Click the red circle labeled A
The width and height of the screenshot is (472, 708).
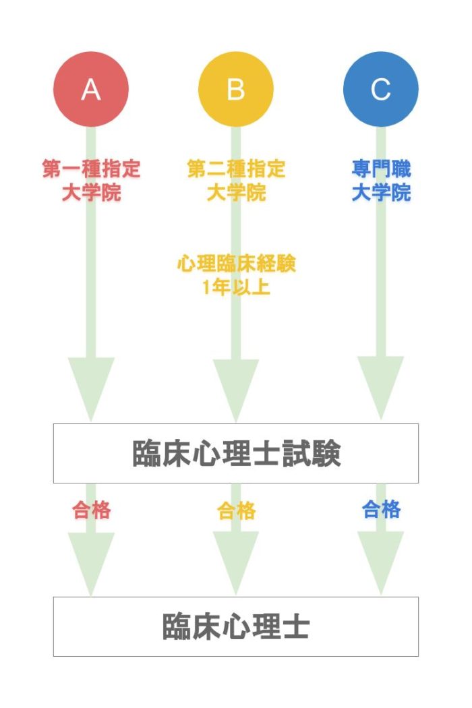[91, 89]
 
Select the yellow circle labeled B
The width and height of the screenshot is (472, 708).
[236, 89]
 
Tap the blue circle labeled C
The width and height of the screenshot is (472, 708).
[380, 89]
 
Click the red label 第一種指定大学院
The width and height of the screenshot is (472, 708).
[91, 180]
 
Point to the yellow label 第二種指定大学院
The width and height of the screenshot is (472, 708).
[236, 180]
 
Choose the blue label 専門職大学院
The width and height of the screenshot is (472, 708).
[381, 180]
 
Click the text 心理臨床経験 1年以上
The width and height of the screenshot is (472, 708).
[236, 274]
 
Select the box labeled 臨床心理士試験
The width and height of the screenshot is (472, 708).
[236, 453]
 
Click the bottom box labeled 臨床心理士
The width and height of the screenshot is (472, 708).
[236, 626]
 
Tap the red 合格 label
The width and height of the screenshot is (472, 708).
[91, 510]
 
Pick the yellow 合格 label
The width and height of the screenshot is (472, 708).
[236, 510]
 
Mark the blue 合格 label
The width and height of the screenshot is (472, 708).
[381, 509]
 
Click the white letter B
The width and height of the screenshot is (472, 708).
[236, 89]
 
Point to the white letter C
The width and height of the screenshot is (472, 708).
[380, 89]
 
